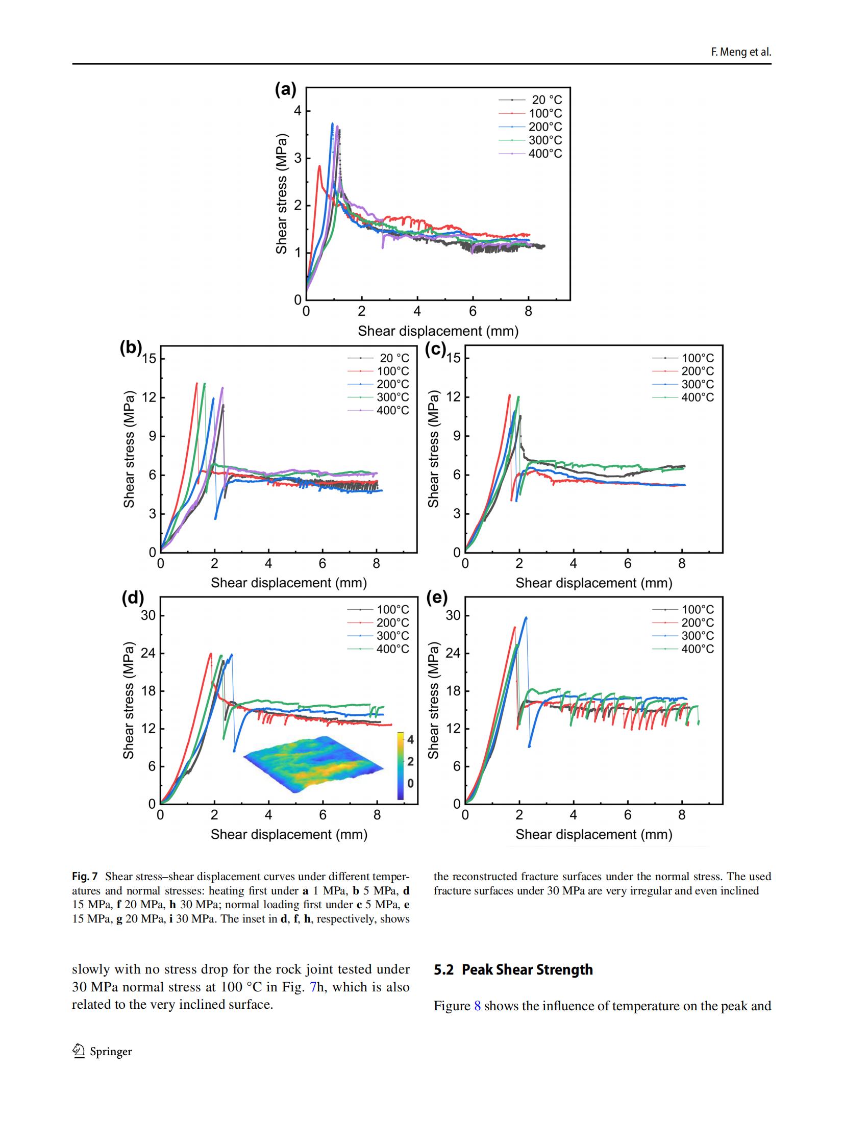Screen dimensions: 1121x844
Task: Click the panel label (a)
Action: [285, 90]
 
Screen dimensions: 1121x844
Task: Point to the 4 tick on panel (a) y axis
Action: [298, 111]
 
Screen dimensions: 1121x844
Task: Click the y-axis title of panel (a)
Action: [282, 194]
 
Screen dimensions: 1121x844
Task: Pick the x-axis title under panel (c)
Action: [593, 583]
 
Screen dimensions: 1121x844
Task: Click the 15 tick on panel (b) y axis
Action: [149, 358]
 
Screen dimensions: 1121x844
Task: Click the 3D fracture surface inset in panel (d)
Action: [313, 764]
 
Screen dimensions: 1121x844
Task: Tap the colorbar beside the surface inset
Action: [401, 765]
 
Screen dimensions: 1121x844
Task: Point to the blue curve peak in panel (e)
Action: [526, 617]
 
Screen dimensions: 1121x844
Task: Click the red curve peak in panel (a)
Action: [319, 166]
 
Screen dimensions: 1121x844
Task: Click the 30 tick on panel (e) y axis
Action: [453, 615]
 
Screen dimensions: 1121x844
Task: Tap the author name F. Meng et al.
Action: [741, 52]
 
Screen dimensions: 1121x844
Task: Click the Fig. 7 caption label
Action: [85, 876]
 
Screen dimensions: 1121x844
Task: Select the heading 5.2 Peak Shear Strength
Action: [513, 969]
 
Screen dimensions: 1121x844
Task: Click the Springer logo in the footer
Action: [79, 1051]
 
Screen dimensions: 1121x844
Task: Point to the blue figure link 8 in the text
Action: [478, 1006]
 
